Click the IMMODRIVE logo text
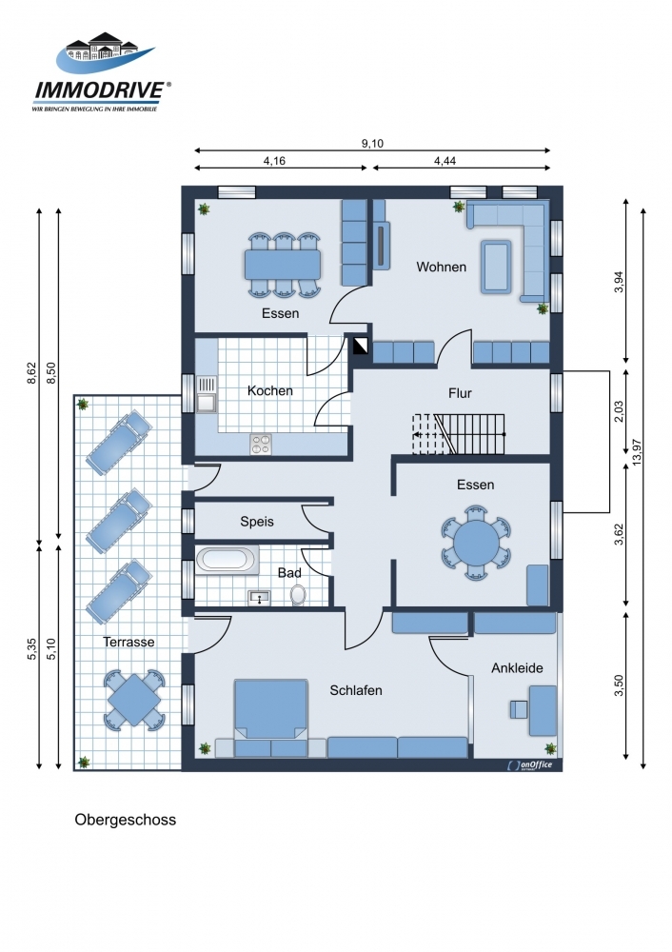(x=100, y=90)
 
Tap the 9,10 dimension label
(x=372, y=144)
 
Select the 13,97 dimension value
(x=636, y=452)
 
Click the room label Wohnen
(x=442, y=267)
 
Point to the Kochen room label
(x=270, y=390)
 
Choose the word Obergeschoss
(x=125, y=820)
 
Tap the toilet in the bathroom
(x=298, y=595)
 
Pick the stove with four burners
(x=261, y=444)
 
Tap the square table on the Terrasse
(x=134, y=700)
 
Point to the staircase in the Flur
(x=459, y=434)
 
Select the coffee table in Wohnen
(x=496, y=266)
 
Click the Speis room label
(x=257, y=521)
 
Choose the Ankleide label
(x=517, y=668)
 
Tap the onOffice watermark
(x=530, y=765)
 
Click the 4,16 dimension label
(x=274, y=161)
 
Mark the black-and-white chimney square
(x=361, y=347)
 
